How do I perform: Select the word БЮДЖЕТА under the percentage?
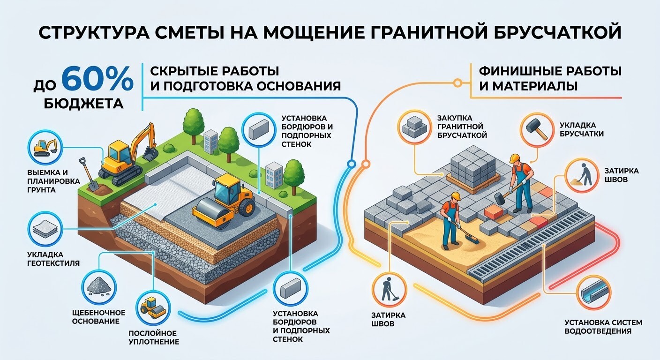pos(84,104)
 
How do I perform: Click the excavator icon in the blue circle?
pos(45,148)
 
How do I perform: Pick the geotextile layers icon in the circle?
pos(45,229)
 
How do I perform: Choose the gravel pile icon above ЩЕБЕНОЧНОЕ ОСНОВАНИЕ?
pos(99,286)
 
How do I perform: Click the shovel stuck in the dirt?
pos(89,174)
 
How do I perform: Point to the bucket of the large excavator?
pos(150,154)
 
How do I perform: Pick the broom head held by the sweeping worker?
pos(472,239)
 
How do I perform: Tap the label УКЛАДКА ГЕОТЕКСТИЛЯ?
pos(53,259)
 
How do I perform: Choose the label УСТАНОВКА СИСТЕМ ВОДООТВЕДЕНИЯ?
pos(603,327)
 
